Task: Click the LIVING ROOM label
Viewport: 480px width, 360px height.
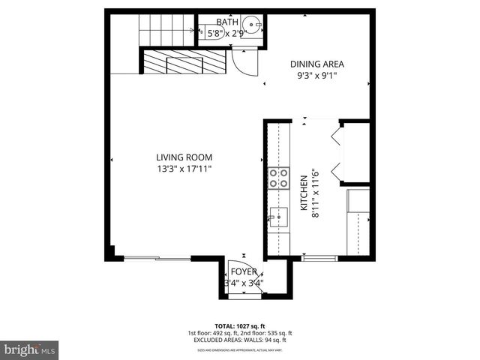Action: pyautogui.click(x=184, y=157)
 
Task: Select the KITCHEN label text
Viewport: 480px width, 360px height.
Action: pyautogui.click(x=304, y=196)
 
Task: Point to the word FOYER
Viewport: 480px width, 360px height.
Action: pyautogui.click(x=244, y=271)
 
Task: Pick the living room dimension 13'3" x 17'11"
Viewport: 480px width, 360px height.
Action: pyautogui.click(x=184, y=169)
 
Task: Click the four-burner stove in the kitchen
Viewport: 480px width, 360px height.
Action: pyautogui.click(x=279, y=178)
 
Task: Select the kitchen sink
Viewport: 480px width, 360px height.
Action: pyautogui.click(x=279, y=217)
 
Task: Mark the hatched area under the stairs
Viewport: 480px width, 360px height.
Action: pyautogui.click(x=184, y=62)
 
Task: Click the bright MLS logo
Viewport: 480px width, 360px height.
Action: pyautogui.click(x=30, y=349)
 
